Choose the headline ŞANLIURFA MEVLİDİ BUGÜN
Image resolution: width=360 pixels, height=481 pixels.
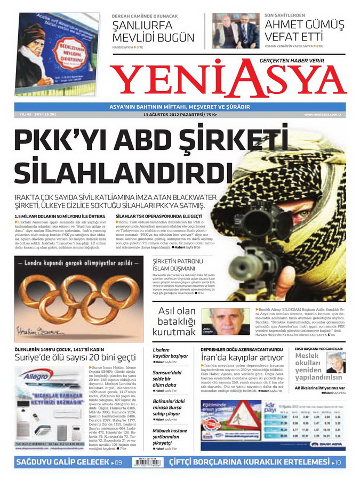[153, 31]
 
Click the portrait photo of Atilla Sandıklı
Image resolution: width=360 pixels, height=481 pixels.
[226, 321]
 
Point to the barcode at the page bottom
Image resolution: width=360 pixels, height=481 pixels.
[149, 461]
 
